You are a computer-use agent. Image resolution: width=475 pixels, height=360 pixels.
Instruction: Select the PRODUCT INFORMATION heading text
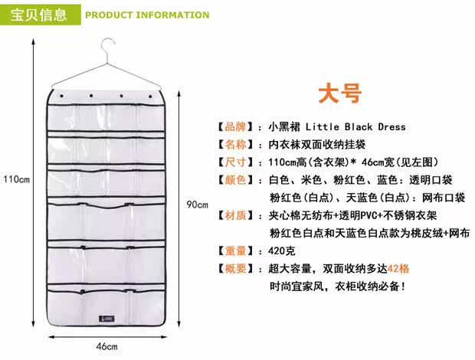coord(146,15)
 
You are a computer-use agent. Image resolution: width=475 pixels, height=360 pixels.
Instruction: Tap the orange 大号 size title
coord(339,93)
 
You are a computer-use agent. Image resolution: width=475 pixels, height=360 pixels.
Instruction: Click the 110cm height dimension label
coord(16,180)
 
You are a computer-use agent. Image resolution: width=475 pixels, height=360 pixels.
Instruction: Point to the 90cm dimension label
coord(198,205)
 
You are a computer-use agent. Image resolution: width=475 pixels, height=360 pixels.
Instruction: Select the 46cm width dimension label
coord(106,346)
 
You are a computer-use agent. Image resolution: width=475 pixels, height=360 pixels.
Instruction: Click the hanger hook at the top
coord(108,47)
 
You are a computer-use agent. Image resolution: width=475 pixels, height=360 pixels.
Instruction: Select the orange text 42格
coord(398,269)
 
